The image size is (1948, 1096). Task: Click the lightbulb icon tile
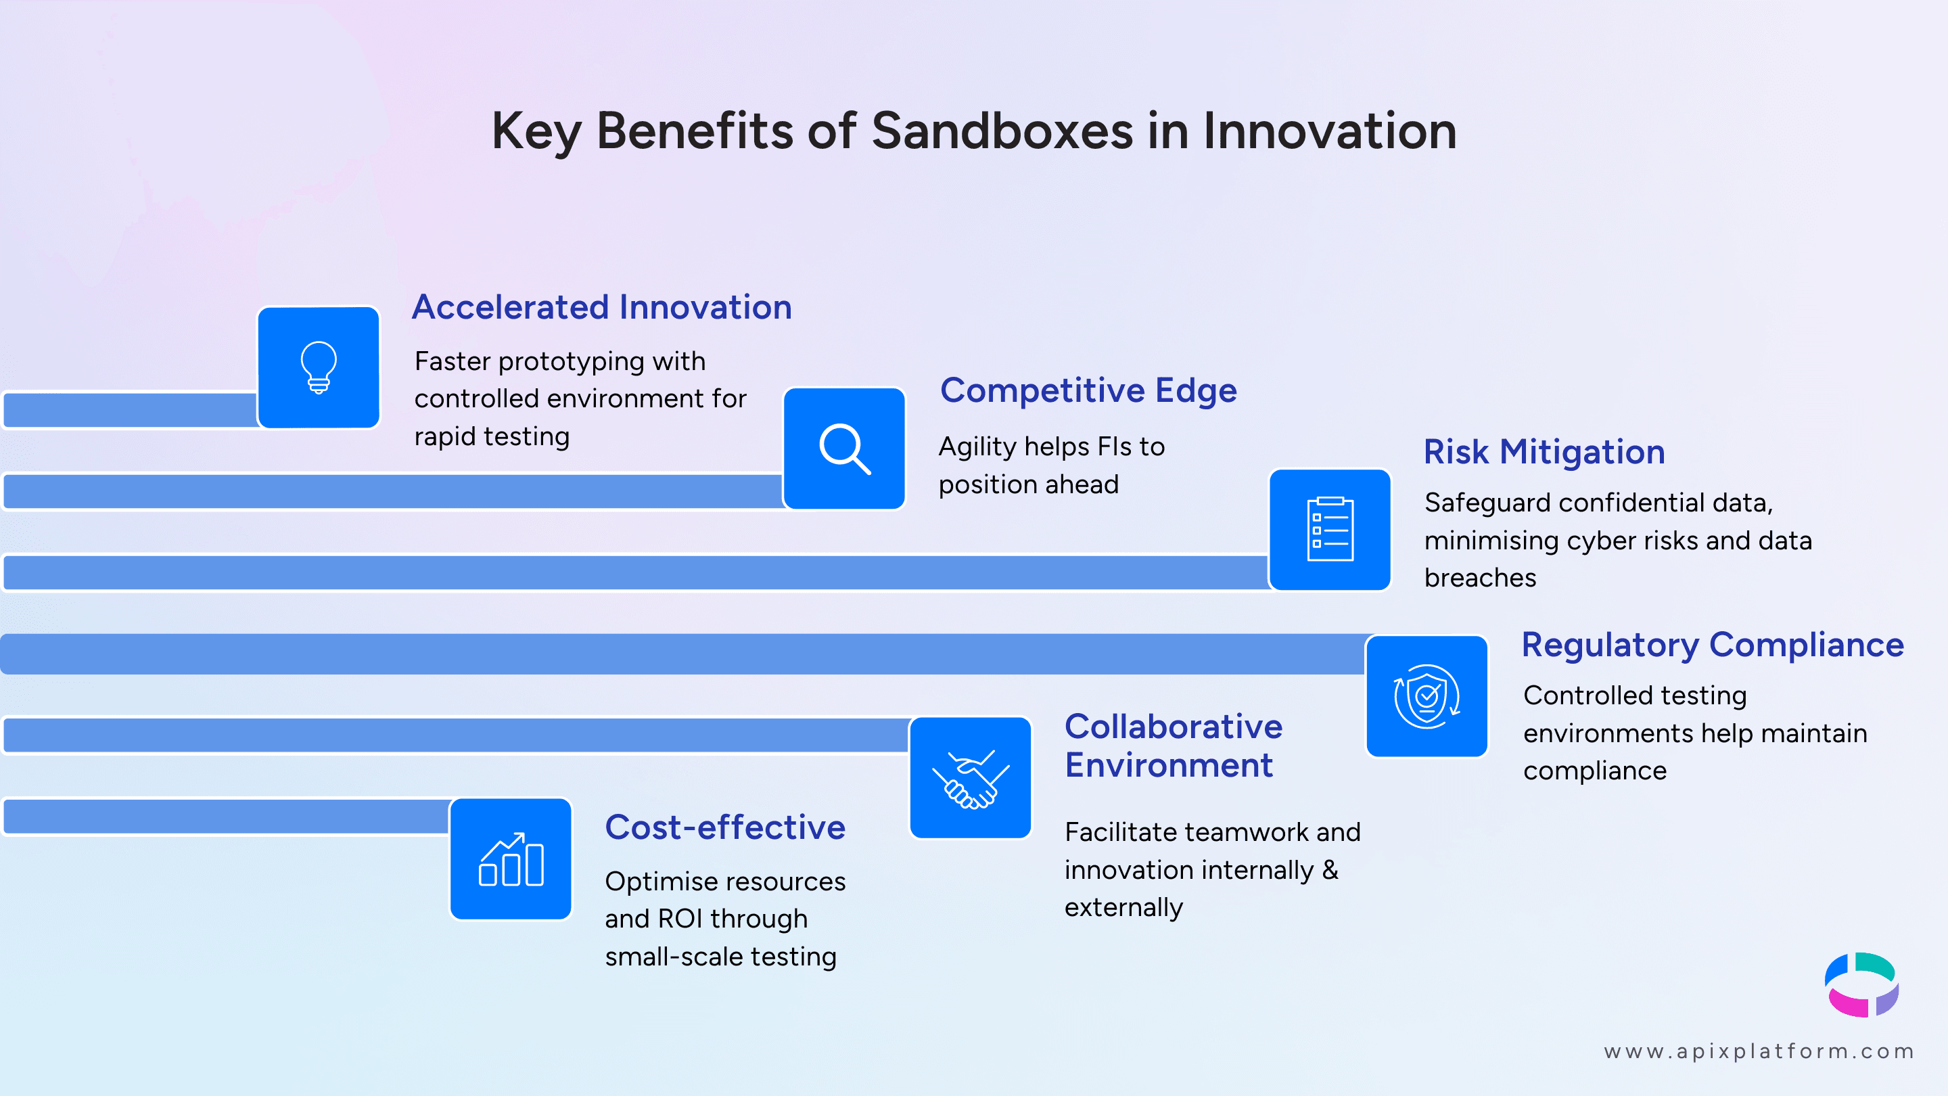(x=319, y=367)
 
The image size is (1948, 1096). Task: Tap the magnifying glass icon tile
(x=844, y=449)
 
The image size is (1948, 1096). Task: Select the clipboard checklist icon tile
(x=1329, y=530)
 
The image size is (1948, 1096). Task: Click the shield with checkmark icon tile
(x=1427, y=696)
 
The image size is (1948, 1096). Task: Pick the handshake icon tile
(x=970, y=777)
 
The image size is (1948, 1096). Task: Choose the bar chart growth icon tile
(x=511, y=859)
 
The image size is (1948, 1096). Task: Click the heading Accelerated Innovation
(x=601, y=307)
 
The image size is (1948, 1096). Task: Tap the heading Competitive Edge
(x=1088, y=390)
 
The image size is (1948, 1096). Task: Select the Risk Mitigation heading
(x=1544, y=453)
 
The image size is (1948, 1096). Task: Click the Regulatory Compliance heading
(x=1712, y=645)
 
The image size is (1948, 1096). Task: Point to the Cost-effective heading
(x=724, y=827)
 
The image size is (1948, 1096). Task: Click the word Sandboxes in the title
(x=1002, y=131)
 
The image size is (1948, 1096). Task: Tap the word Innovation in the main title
(x=1329, y=131)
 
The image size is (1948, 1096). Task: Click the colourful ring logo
(x=1861, y=985)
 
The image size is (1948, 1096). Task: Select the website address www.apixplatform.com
(x=1759, y=1051)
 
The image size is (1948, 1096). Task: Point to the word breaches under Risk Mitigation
(x=1480, y=578)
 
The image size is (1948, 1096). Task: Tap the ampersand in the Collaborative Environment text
(x=1330, y=870)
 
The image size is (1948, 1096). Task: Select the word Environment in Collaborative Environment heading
(x=1168, y=765)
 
